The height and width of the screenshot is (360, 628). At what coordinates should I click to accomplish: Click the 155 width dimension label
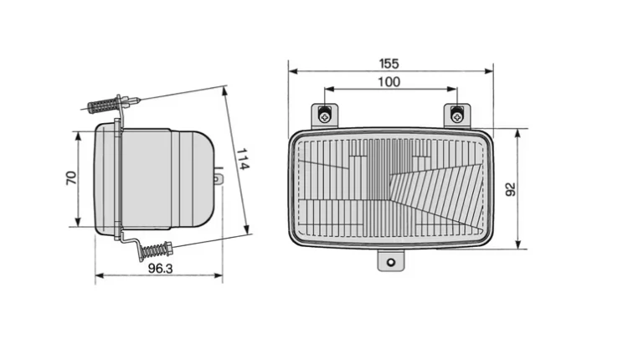click(x=389, y=64)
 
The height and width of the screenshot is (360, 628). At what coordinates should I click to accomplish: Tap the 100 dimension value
click(x=389, y=82)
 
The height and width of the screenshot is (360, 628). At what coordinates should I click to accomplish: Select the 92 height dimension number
click(x=511, y=189)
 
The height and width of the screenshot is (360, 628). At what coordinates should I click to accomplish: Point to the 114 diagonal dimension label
click(x=243, y=159)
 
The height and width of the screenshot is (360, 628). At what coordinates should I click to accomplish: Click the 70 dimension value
click(x=71, y=177)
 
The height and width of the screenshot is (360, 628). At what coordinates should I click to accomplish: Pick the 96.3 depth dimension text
click(x=160, y=268)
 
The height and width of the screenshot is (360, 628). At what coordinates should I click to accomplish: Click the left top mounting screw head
click(x=325, y=117)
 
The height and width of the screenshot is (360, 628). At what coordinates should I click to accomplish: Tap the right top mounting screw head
click(x=456, y=116)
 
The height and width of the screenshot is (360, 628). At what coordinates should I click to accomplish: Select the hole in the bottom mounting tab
click(x=391, y=263)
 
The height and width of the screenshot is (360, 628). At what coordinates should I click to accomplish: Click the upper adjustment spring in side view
click(x=101, y=105)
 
